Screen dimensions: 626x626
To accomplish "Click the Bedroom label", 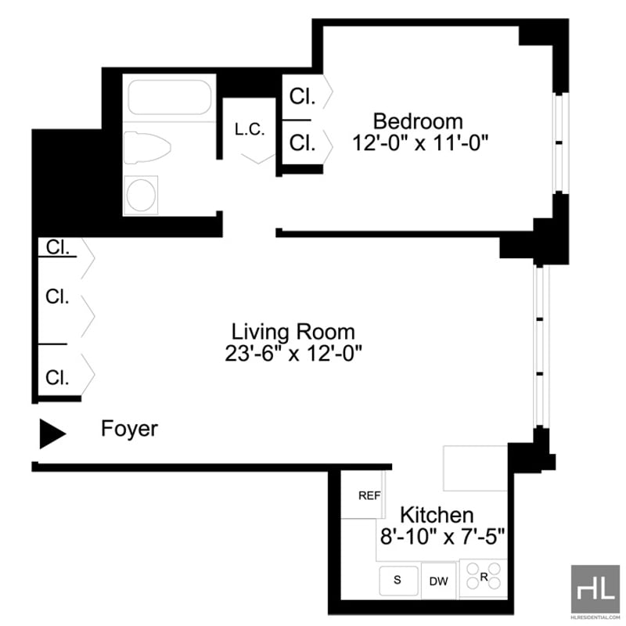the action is coord(418,121).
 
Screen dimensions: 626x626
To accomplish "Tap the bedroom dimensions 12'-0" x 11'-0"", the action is coord(420,142).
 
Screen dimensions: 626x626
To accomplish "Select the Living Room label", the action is coord(293,332).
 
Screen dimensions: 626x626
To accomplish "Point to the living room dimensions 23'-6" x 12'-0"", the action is coord(293,354).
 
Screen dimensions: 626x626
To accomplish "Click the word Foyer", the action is coord(129,429).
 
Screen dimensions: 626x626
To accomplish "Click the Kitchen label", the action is coord(437,515).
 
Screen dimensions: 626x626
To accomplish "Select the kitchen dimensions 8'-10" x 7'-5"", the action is coord(442,536).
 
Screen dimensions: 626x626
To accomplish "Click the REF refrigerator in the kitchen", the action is coord(363,495).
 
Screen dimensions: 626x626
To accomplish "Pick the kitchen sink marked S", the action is coord(398,581).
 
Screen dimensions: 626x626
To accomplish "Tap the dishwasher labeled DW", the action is coord(439,581).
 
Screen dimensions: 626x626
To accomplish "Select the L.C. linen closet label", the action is coord(250,129).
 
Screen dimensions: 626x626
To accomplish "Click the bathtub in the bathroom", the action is coord(170,97).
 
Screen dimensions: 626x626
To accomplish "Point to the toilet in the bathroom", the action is coord(147,148).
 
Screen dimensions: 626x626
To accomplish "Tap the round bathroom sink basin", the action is coord(141,195).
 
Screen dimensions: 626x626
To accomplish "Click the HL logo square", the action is coord(595,589).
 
